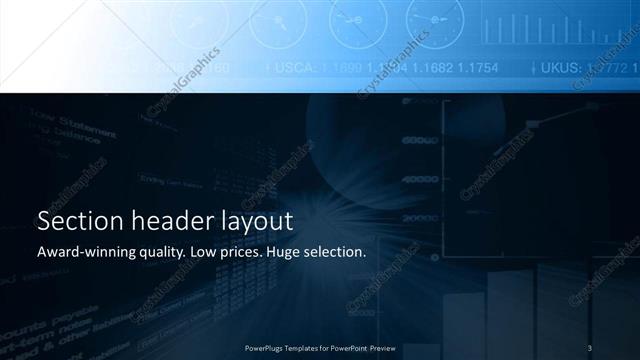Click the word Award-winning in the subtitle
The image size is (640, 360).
coord(82,252)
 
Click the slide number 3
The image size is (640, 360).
coord(590,347)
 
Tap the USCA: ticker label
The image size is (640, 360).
coord(292,68)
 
